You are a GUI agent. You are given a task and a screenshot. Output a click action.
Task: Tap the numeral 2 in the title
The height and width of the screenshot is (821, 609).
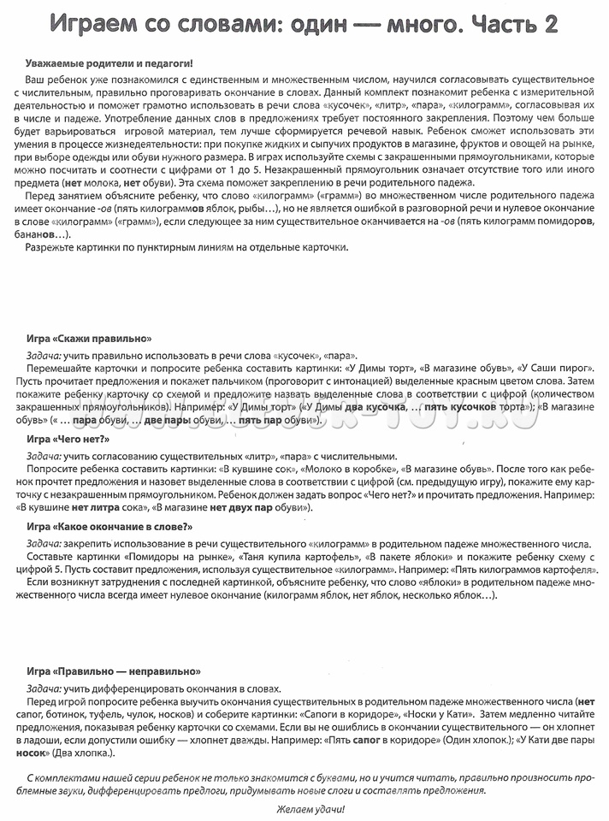point(547,26)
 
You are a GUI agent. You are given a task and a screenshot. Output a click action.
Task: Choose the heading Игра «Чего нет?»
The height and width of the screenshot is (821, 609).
point(68,439)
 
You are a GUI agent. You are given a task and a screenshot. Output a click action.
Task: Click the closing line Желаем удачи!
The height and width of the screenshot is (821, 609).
point(304,809)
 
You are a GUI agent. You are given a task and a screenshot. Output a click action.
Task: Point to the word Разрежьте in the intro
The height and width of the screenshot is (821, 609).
point(55,248)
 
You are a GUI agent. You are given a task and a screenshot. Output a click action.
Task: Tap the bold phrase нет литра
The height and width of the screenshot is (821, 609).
point(91,508)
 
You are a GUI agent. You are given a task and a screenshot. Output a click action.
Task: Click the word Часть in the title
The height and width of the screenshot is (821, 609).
point(495,26)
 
